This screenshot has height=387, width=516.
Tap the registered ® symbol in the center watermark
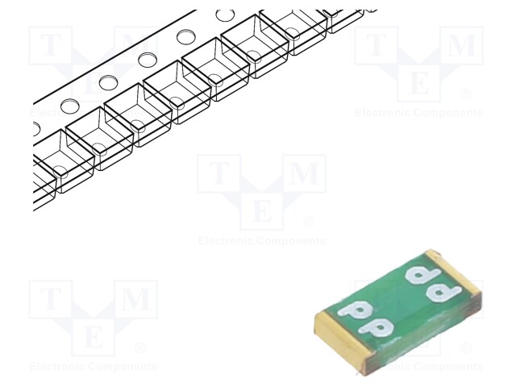pos(308,222)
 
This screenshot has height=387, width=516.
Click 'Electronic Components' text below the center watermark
pos(262,241)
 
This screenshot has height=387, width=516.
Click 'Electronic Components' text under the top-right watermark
pos(419,113)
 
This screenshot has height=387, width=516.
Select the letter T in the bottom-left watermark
pos(50,300)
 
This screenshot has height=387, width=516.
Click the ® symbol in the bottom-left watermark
pos(140,348)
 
